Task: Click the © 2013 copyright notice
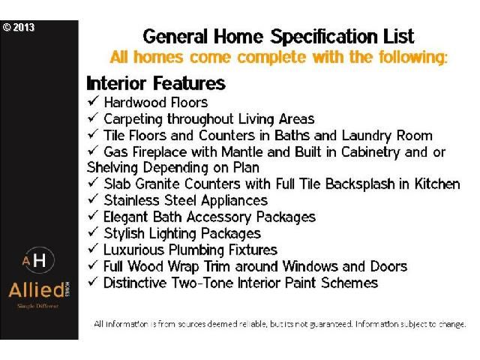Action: click(18, 28)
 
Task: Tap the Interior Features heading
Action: click(156, 83)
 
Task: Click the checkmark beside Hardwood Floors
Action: click(93, 100)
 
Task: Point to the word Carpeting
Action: click(133, 119)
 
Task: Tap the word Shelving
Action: click(112, 168)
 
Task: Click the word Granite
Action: click(157, 184)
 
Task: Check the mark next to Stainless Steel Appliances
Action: click(93, 199)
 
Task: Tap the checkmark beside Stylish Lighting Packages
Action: click(93, 232)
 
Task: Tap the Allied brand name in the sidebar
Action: click(37, 290)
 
